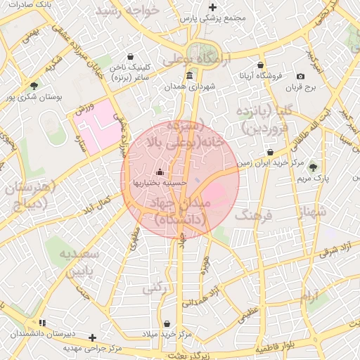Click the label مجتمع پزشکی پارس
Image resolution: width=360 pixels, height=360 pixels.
(x=213, y=20)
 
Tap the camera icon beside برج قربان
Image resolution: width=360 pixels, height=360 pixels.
(x=301, y=76)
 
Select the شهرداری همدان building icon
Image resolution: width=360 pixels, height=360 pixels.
(x=189, y=76)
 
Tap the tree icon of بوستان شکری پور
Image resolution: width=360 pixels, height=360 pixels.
(x=34, y=86)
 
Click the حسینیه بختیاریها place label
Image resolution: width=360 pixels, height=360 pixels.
(x=160, y=182)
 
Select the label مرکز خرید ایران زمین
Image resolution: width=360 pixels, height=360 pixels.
(x=270, y=162)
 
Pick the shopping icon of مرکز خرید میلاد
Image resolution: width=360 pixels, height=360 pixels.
(x=167, y=323)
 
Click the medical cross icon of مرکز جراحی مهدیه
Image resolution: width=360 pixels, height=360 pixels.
(x=92, y=337)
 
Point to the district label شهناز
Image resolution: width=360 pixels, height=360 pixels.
(x=311, y=211)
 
